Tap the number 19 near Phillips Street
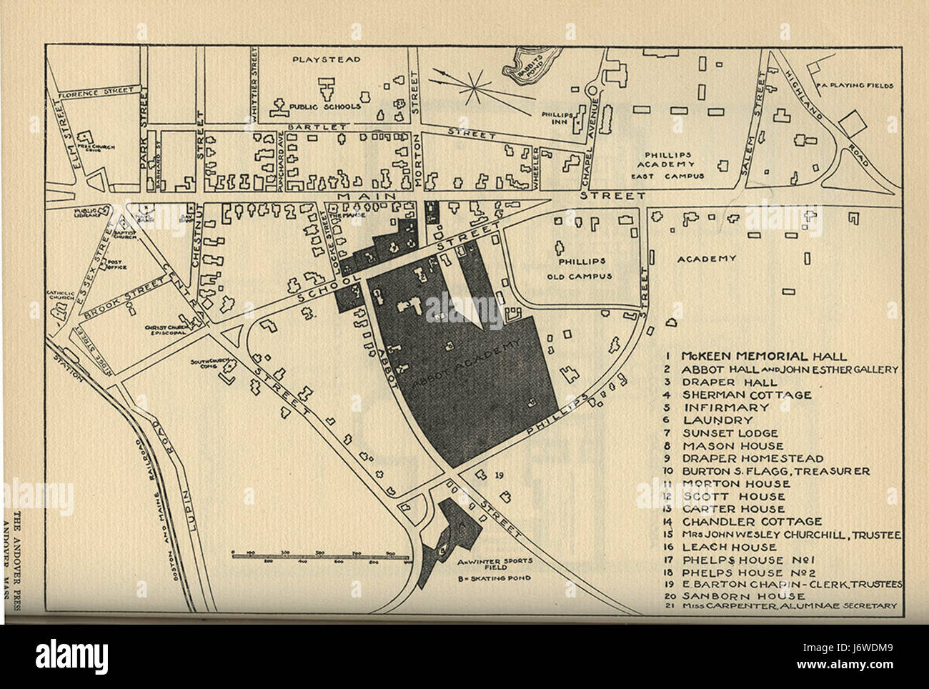[x=498, y=475]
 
